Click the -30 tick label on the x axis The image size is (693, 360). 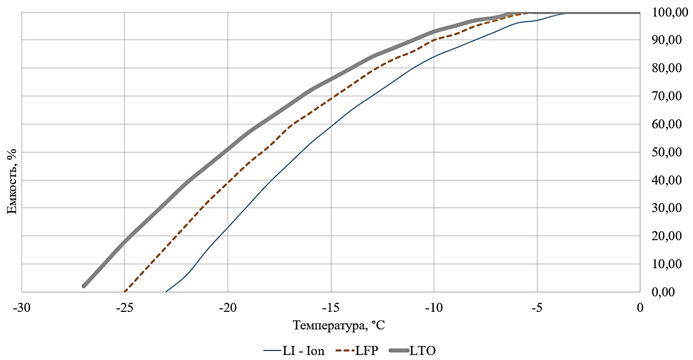tap(22, 308)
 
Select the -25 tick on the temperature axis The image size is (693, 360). tap(124, 308)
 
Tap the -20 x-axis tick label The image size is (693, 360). tap(228, 308)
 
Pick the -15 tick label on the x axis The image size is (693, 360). tap(331, 308)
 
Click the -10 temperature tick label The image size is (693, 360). tap(434, 308)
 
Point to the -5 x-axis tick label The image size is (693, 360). tap(537, 308)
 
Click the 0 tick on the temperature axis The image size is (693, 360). tap(640, 308)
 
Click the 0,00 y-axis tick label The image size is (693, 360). tap(670, 292)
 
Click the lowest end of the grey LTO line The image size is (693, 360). tap(84, 286)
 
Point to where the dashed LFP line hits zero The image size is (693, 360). tap(125, 291)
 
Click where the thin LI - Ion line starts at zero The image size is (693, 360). tap(166, 291)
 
